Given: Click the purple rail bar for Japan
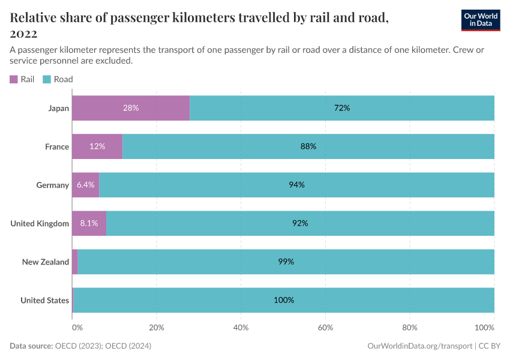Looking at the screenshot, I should (x=131, y=108).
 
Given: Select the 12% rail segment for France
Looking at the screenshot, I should (x=97, y=146).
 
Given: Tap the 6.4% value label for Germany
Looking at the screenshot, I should (x=86, y=185).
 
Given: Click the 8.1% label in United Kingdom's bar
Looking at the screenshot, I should (x=89, y=223).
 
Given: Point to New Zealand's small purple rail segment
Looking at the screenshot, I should (x=75, y=262).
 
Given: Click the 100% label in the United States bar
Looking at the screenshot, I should (x=284, y=300).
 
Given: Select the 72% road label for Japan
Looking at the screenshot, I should (x=342, y=108).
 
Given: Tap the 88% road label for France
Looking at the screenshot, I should (x=308, y=146).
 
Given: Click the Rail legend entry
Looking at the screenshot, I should (x=22, y=79).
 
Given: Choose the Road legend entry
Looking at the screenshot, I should (x=58, y=79).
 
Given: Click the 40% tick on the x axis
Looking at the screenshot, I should (x=241, y=328).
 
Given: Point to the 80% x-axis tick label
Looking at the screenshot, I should (x=409, y=328).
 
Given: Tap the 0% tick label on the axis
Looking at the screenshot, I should (x=77, y=328).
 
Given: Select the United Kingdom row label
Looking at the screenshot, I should (x=40, y=223).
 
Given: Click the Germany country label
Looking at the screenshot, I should (x=52, y=185).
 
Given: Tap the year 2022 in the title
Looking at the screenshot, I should (x=23, y=33).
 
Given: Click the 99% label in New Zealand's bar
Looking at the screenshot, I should (x=286, y=262).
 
